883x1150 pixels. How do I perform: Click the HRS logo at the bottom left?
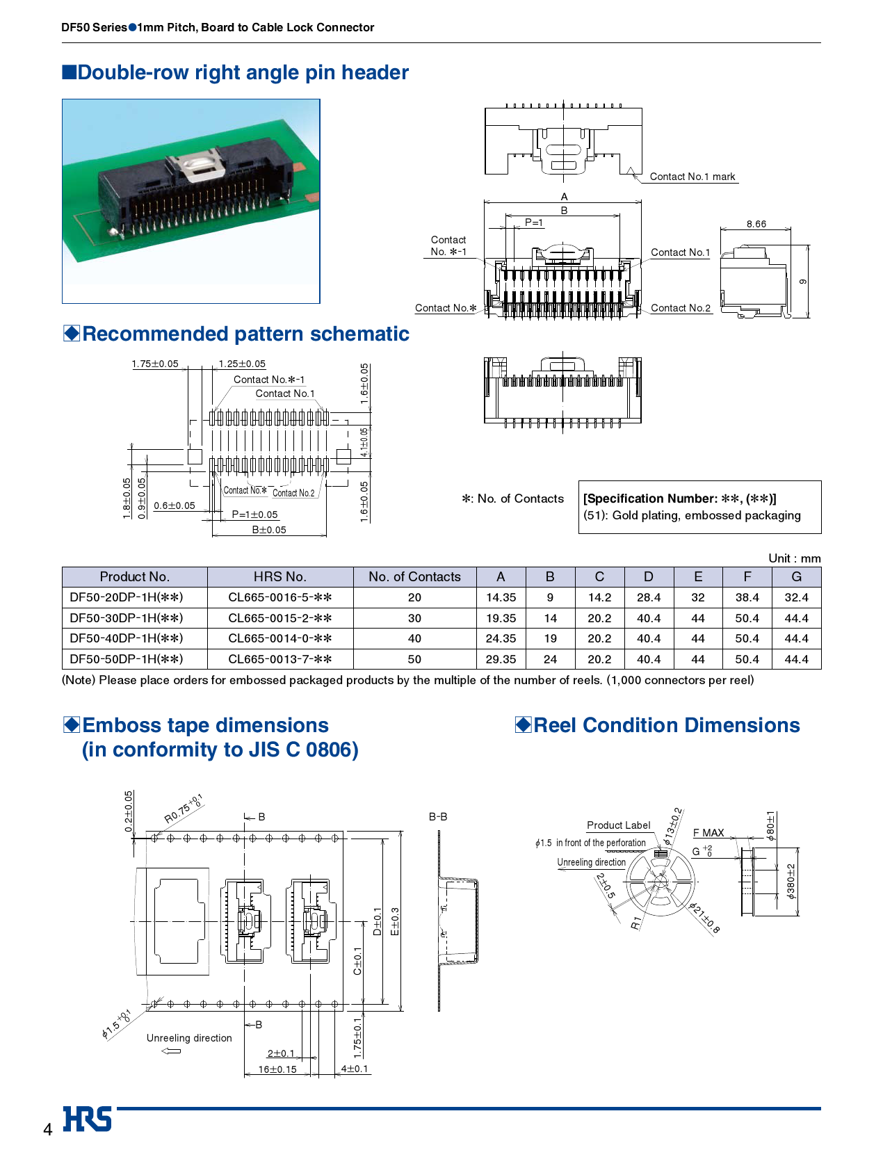(88, 1119)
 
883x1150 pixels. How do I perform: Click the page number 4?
(47, 1129)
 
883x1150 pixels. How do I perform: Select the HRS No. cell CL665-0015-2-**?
(280, 618)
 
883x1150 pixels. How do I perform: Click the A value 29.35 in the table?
(501, 659)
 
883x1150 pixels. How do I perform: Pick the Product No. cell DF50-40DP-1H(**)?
(127, 638)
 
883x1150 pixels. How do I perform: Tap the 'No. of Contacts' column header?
(414, 576)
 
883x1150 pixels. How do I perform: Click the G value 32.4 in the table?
(796, 597)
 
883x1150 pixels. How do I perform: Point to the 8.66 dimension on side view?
(756, 224)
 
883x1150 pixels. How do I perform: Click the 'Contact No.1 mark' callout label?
(692, 177)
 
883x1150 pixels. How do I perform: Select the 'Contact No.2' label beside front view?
(680, 308)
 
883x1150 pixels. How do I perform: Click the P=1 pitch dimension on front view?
(533, 222)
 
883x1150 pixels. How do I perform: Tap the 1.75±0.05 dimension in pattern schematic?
(154, 364)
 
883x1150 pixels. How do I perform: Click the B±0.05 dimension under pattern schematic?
(268, 530)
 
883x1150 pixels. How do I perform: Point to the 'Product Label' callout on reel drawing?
(618, 825)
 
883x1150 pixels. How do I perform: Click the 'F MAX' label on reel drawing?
(708, 832)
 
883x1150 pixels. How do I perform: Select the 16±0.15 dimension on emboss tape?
(277, 1069)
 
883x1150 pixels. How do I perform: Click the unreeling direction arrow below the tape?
(171, 1051)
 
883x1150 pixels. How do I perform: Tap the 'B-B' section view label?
(437, 817)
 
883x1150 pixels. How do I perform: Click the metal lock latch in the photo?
(197, 166)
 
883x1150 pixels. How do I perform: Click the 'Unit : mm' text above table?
(794, 558)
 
